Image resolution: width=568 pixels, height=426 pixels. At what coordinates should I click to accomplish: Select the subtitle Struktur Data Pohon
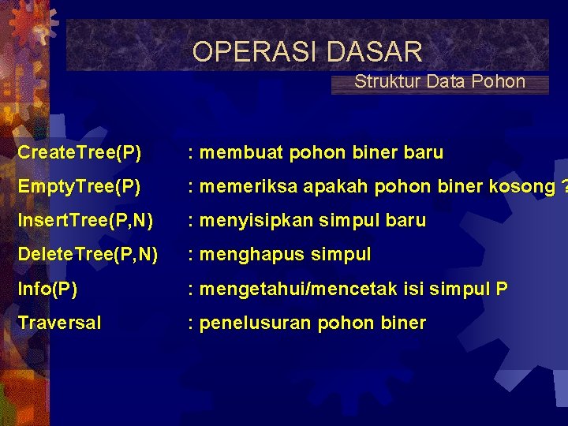click(439, 81)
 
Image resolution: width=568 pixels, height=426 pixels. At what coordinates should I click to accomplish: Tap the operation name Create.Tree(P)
click(80, 152)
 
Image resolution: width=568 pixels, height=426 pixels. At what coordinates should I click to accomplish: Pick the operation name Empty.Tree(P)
click(80, 186)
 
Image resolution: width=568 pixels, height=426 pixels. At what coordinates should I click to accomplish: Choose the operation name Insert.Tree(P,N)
click(85, 220)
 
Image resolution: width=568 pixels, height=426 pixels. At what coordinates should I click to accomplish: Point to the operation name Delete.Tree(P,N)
click(88, 254)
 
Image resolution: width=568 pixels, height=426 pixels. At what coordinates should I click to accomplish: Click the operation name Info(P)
click(47, 289)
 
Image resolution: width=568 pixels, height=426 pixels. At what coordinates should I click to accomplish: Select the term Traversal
click(59, 323)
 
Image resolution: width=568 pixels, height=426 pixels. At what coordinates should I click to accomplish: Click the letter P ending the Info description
click(502, 289)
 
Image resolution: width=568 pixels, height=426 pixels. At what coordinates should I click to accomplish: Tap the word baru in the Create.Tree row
click(423, 152)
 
